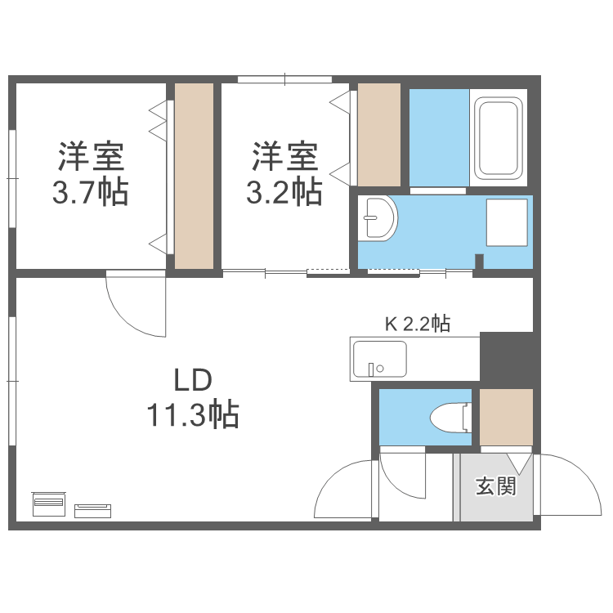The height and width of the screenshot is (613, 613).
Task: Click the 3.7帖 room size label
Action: point(90,193)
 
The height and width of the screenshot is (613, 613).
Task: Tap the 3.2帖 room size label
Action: point(284,193)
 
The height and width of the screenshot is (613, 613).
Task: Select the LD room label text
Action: point(193,381)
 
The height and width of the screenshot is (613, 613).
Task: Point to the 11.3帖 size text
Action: point(193,415)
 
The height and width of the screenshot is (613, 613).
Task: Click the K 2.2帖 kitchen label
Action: point(417,324)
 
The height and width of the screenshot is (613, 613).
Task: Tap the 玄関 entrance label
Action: point(496,487)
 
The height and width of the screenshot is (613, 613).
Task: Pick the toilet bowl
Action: point(447,418)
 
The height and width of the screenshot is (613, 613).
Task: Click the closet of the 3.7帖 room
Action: point(195,176)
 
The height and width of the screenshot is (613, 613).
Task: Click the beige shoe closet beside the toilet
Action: point(506,418)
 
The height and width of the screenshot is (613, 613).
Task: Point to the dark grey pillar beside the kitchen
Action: point(506,356)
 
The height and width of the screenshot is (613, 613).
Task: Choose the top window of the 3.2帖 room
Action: point(284,79)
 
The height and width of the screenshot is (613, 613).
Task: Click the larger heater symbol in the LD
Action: point(50,504)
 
